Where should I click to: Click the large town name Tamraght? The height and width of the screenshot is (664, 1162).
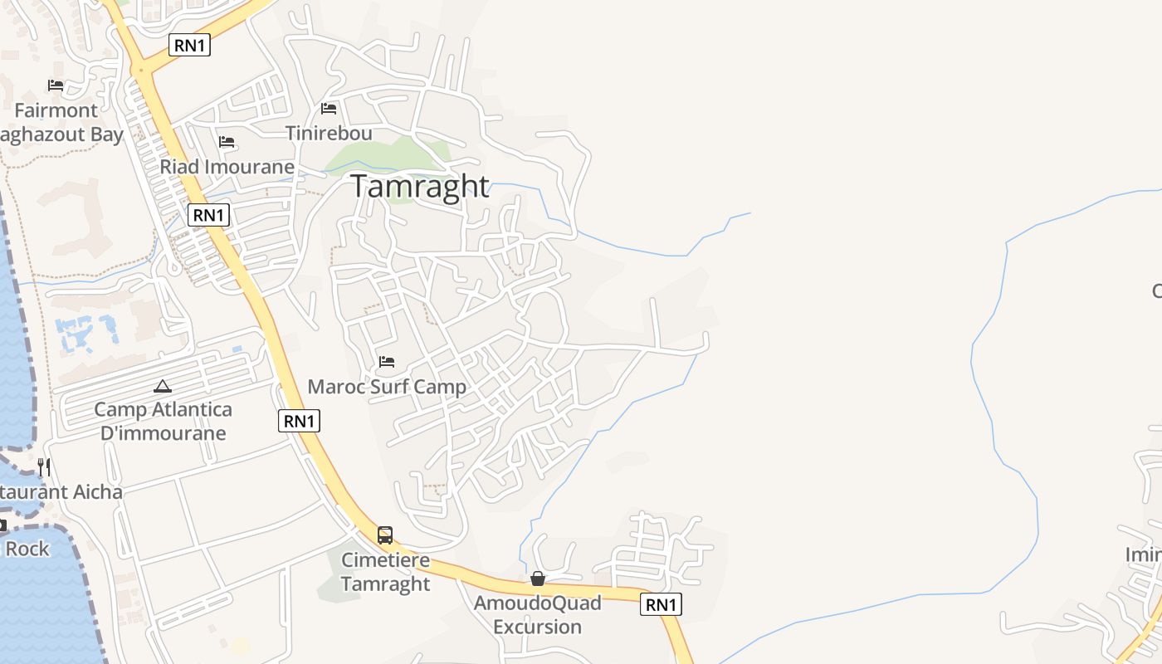click(419, 186)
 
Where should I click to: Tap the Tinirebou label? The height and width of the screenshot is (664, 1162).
click(329, 133)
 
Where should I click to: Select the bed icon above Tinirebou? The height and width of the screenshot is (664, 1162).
click(329, 109)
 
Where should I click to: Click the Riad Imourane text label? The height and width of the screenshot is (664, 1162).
click(227, 167)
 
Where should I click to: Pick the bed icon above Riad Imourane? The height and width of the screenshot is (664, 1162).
click(227, 142)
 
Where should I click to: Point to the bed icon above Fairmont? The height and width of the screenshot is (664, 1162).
click(56, 85)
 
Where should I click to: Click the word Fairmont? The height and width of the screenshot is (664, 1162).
click(56, 110)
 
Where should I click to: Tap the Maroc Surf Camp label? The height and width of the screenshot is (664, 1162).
click(387, 387)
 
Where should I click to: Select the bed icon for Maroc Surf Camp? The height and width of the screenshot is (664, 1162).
click(387, 362)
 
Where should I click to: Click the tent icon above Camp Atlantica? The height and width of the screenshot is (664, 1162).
click(163, 386)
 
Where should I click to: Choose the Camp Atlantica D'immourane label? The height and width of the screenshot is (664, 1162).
click(163, 421)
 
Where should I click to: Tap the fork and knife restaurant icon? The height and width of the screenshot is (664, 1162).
click(44, 467)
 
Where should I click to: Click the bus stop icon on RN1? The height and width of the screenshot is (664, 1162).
click(385, 535)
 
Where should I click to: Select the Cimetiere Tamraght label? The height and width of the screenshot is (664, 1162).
click(385, 572)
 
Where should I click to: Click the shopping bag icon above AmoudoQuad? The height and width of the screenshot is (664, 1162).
click(538, 579)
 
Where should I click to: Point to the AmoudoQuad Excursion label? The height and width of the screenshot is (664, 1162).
click(538, 614)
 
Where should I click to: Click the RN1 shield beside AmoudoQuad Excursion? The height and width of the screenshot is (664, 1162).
click(661, 604)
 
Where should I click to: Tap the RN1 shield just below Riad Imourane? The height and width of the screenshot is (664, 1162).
click(208, 215)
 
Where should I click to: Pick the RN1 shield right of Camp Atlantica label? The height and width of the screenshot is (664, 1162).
click(299, 421)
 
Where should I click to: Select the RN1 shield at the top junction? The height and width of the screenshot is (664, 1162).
click(189, 45)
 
